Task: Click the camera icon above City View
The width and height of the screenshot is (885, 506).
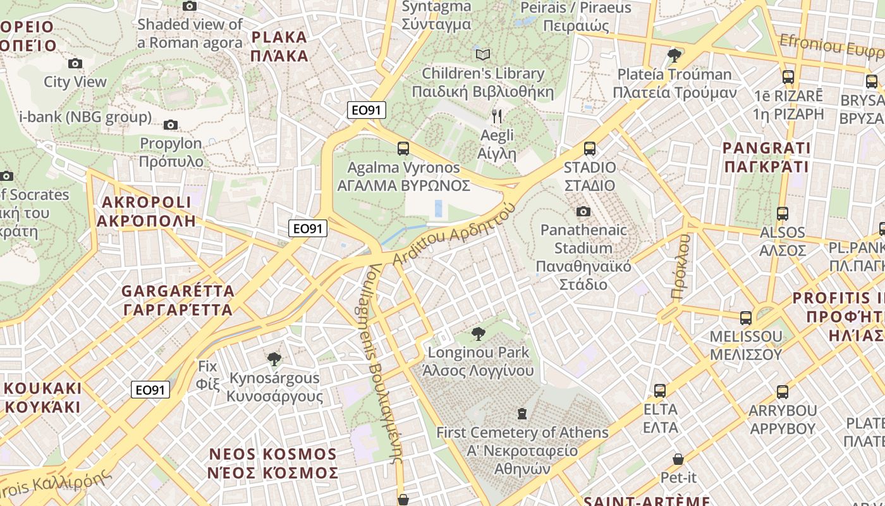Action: tap(75, 63)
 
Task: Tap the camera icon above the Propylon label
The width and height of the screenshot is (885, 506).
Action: tap(171, 125)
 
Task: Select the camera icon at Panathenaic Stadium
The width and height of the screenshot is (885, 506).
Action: tap(583, 211)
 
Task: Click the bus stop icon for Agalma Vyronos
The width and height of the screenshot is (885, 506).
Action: tap(403, 149)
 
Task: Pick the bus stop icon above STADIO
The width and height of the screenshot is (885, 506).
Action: tap(589, 149)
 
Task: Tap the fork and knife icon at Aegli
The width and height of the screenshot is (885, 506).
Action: tap(497, 116)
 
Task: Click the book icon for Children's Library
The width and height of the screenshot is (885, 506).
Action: tap(483, 54)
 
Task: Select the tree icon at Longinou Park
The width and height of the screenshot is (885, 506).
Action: tap(479, 333)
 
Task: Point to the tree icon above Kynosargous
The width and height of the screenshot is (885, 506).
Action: tap(274, 359)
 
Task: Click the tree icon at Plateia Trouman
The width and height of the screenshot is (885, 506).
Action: tap(674, 55)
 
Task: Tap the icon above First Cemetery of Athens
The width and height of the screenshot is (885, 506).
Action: tap(522, 414)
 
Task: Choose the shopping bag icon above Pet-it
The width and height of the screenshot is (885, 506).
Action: tap(678, 459)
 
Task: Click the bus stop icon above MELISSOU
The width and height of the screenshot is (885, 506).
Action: tap(746, 318)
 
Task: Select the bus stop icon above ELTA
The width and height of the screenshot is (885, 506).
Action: tap(660, 390)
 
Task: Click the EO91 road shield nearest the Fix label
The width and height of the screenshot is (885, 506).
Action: tap(150, 390)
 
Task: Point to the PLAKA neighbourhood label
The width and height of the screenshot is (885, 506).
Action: tap(279, 46)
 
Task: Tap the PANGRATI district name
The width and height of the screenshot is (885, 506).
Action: tap(766, 157)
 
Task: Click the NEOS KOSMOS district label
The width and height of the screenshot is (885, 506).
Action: tap(273, 464)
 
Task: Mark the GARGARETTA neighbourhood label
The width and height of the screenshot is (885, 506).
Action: tap(178, 300)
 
